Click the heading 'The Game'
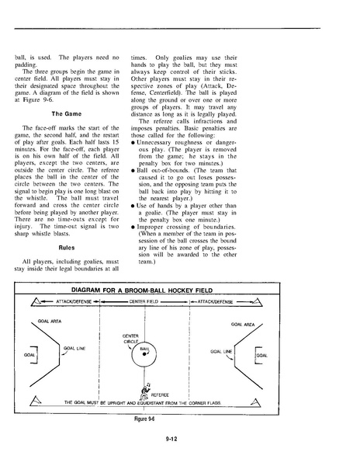point(67,114)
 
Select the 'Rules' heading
point(67,248)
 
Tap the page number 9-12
point(171,439)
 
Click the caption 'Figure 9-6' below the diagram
point(144,419)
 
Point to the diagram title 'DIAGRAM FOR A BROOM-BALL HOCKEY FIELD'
point(142,290)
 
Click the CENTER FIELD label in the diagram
point(144,301)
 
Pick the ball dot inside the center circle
point(144,353)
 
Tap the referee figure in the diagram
point(144,391)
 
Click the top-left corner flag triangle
point(36,302)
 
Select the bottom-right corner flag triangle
point(256,402)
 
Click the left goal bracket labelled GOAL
point(36,355)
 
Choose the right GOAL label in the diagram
point(262,356)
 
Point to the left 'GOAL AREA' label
point(50,322)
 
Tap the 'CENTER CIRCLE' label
point(130,339)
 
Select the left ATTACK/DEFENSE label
point(74,301)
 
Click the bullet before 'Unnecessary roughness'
point(133,143)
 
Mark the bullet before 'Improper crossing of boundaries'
point(133,228)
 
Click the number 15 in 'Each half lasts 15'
point(116,142)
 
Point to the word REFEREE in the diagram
point(160,395)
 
